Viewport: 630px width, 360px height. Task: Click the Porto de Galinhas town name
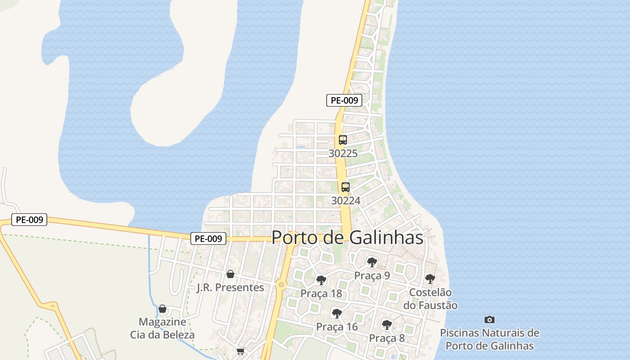point(347,238)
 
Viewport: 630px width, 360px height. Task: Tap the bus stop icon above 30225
point(343,140)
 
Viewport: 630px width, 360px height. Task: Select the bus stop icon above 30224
point(346,187)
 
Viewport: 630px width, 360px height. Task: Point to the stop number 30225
point(343,153)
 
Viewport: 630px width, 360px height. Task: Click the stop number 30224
point(346,201)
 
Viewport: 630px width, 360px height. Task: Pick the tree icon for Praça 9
point(372,262)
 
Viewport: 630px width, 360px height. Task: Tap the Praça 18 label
point(321,294)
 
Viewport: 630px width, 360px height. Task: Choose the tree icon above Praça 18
point(321,280)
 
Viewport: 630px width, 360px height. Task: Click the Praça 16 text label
point(337,327)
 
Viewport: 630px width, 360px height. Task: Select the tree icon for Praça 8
point(387,324)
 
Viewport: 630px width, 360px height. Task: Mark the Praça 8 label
point(387,338)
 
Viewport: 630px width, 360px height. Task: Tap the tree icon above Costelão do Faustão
point(430,279)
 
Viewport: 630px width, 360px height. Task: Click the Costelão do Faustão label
point(430,299)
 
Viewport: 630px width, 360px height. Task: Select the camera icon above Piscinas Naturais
point(490,319)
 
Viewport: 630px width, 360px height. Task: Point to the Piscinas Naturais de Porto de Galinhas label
point(490,339)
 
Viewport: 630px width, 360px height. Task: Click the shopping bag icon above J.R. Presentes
point(230,274)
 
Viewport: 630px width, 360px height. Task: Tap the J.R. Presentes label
point(230,287)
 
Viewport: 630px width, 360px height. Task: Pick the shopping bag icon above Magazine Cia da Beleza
point(162,309)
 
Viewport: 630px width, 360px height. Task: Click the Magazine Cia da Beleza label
point(162,328)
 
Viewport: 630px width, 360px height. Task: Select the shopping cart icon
point(241,351)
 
